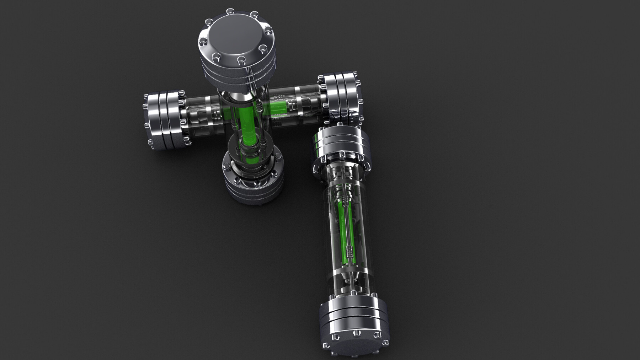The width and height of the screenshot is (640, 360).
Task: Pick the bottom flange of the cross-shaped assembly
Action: [x=252, y=181]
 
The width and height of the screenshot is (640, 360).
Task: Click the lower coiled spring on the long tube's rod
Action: [x=350, y=252]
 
